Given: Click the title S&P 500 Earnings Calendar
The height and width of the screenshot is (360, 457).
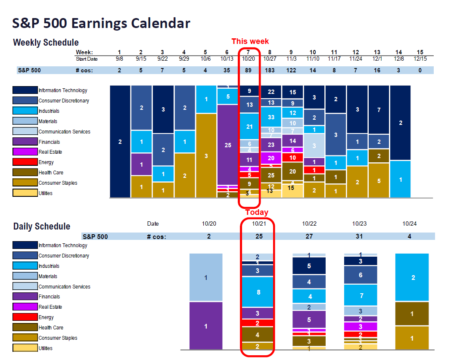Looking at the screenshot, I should [101, 23].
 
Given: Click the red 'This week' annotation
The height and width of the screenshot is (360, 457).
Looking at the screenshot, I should [250, 41].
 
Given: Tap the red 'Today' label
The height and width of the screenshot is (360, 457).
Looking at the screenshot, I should [257, 212].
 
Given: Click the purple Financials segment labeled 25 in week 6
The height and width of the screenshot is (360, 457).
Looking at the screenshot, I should [228, 145].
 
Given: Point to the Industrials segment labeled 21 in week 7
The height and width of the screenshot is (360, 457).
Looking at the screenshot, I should [249, 127].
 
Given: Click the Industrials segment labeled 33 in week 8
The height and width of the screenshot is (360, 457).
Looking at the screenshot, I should [271, 117].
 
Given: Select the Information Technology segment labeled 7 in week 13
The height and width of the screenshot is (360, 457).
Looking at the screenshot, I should [379, 110].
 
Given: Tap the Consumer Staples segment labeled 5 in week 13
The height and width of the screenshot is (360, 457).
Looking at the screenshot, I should [379, 181].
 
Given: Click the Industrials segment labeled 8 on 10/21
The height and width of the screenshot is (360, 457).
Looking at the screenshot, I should [258, 292].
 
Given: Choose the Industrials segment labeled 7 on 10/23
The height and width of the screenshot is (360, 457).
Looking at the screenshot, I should [361, 296].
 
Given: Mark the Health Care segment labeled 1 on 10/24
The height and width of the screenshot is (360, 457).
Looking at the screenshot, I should [413, 314].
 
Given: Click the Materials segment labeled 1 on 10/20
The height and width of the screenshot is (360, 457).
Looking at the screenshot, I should [206, 278].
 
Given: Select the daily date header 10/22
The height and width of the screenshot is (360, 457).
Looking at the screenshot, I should [309, 224].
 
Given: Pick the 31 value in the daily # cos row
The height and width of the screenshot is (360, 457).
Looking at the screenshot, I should [361, 236].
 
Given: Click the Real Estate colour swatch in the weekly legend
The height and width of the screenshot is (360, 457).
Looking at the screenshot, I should [25, 152].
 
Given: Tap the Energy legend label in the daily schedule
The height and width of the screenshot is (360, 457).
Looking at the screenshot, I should [46, 317].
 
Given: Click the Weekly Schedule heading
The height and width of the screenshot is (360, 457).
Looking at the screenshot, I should [46, 43].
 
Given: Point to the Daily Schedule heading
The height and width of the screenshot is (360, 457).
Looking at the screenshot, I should [42, 227].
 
